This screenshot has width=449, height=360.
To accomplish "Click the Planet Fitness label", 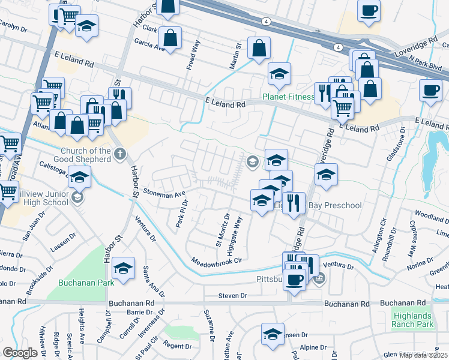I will coord(288,97).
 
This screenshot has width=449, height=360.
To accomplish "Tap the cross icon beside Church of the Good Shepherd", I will coord(120,155).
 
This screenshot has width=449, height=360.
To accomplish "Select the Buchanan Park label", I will coord(78,283).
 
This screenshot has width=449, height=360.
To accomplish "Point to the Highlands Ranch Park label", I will coord(412,320).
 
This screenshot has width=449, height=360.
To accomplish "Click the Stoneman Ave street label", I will coord(164,194).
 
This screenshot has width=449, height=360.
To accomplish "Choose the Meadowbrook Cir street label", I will coord(217,260).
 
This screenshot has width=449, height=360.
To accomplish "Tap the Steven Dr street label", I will coord(232,296).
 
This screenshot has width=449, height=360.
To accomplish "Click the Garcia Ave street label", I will coord(149,44).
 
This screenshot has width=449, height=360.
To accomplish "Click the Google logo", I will coord(20,353).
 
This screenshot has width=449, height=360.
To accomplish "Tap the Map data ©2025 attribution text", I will coord(423,355).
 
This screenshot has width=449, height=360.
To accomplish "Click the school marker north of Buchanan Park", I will coord(123,268).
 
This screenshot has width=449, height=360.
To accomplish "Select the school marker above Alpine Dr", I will coord(273,334).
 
